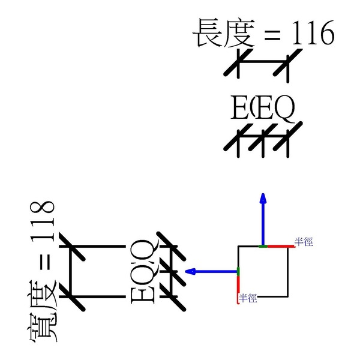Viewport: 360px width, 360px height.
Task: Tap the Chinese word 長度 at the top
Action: point(223,34)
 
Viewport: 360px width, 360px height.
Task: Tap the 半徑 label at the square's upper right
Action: point(304,242)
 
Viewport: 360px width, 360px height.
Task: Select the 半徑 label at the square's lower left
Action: point(248,298)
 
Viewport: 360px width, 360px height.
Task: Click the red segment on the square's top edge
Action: point(277,246)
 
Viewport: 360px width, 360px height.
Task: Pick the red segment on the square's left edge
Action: point(238,288)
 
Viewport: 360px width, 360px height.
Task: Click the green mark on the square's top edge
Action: point(262,246)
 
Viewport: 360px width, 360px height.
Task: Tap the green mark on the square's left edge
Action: point(238,271)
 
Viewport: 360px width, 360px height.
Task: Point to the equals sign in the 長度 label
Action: point(271,36)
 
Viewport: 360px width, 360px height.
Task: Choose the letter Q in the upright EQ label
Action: point(283,109)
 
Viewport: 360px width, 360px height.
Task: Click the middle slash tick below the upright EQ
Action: point(262,139)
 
